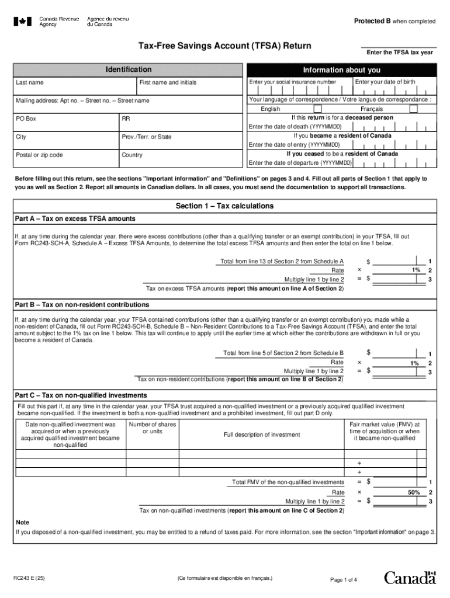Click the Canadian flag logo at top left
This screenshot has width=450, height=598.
point(23,22)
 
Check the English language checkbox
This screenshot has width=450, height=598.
point(317,109)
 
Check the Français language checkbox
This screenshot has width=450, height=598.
point(413,109)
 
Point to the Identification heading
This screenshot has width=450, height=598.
point(128,69)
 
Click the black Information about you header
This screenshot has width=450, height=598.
point(341,70)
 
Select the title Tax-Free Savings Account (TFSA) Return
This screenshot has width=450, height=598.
point(224,46)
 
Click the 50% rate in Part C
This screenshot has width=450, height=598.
point(414,493)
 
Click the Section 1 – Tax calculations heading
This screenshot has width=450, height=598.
point(224,206)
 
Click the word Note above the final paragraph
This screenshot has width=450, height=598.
point(22,522)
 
